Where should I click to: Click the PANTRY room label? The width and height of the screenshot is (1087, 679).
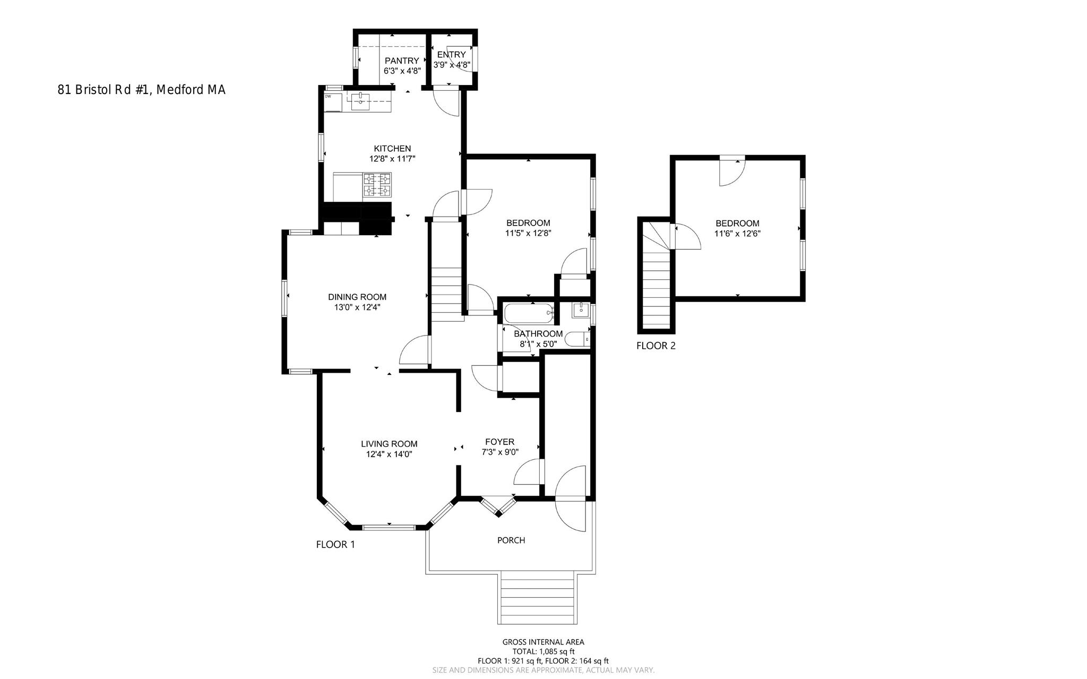coord(402,61)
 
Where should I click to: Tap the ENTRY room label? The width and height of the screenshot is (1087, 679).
coord(451,54)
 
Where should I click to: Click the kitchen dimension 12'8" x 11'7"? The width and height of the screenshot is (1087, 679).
coord(392,158)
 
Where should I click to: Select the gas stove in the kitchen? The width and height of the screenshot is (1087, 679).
coord(377,185)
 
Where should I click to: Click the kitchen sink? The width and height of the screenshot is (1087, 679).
coord(360,100)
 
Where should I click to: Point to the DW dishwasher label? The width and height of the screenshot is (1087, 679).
coord(328,97)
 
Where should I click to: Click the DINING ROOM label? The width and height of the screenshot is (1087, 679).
coord(357,297)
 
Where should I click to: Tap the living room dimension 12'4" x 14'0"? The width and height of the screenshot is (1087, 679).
coord(389,454)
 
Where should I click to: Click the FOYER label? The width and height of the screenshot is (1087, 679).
coord(499,442)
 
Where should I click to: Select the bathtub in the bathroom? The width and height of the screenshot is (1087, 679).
coord(528,314)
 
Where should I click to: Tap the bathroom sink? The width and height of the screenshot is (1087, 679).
coord(581,310)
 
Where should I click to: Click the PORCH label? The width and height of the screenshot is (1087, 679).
coord(511,540)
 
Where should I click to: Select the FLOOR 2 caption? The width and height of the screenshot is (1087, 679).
coord(656,346)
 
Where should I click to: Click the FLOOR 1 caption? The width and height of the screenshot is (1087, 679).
coord(335,545)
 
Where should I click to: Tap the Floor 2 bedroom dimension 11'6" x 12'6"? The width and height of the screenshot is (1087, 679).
coord(737,234)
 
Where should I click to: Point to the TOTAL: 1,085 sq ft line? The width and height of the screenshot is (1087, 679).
coord(543,651)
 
